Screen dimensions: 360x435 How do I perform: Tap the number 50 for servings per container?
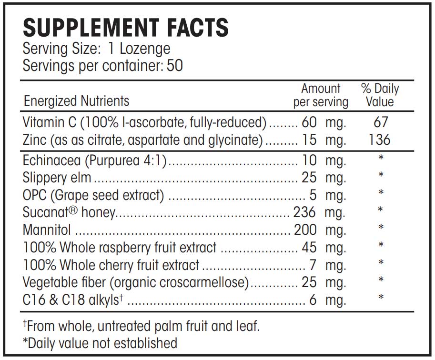coord(175,65)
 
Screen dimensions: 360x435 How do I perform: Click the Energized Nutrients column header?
coord(76,101)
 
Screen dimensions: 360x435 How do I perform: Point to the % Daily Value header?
coord(380,95)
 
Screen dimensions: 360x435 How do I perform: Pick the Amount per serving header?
coord(321,95)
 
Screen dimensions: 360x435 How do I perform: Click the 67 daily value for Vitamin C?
coord(381,122)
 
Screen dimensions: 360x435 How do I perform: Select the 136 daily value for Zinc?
coord(379,140)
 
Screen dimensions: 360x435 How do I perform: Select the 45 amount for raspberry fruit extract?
coord(309,247)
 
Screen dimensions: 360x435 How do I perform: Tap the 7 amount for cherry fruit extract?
coord(314,265)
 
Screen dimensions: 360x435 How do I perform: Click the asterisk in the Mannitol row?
coord(381,228)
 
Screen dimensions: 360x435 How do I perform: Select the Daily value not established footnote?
coord(100,343)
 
